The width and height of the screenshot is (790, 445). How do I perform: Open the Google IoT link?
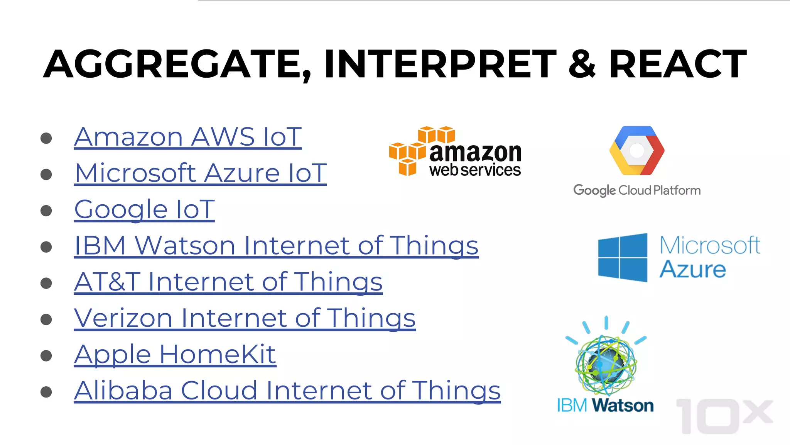click(x=144, y=209)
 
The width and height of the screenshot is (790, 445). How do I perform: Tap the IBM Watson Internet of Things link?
click(x=276, y=246)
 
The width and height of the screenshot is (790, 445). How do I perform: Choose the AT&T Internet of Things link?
click(x=228, y=282)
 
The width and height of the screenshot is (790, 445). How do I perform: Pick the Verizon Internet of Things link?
click(x=245, y=318)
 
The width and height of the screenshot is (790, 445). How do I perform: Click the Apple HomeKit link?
click(x=175, y=355)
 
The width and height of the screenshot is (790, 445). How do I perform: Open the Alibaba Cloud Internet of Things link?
click(x=287, y=391)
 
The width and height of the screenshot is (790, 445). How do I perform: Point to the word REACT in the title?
click(x=678, y=64)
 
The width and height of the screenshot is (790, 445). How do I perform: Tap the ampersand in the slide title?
click(x=582, y=64)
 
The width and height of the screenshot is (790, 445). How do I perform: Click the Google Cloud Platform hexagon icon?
click(x=637, y=150)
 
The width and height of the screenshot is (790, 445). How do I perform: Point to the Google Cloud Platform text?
click(x=637, y=190)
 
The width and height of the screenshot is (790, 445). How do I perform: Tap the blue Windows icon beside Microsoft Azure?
click(x=623, y=257)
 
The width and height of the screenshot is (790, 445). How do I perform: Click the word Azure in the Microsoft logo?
click(x=693, y=270)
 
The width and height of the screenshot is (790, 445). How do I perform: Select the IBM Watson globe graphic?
click(x=606, y=363)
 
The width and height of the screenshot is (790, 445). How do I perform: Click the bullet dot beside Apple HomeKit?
click(x=46, y=356)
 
